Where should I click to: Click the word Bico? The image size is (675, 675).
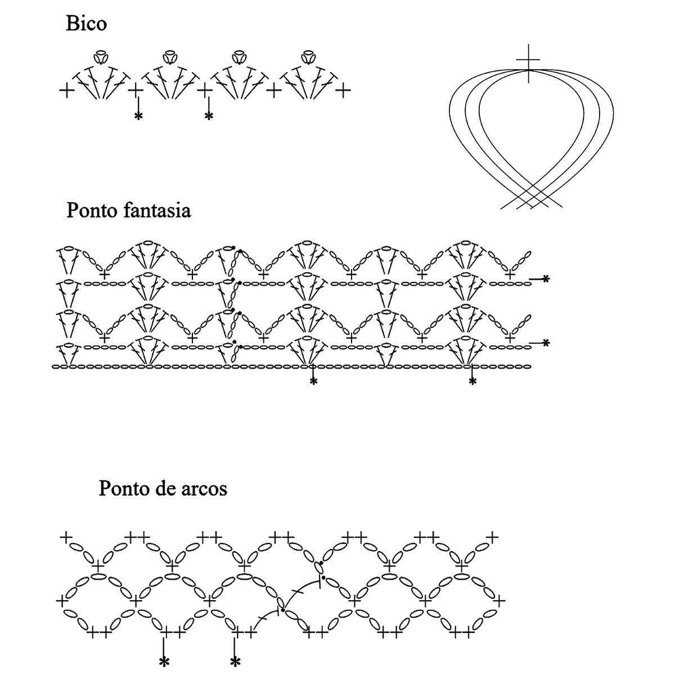coord(86,24)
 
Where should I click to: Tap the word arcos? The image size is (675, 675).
coord(203,488)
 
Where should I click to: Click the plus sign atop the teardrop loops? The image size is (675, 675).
coord(528,59)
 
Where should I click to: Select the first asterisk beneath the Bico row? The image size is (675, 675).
coord(137,116)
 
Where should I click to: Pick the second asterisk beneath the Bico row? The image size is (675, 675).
coord(209,116)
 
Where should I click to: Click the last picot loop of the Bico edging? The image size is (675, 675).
coord(307,56)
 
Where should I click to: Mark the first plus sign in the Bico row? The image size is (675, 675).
coord(66,90)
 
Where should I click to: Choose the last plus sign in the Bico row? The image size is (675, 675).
coord(344,90)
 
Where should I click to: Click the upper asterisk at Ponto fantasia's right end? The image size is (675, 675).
coord(545,279)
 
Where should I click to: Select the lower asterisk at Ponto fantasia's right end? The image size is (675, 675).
coord(545,343)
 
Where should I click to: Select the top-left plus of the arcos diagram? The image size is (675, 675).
coord(66,537)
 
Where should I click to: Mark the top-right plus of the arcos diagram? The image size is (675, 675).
coord(493,537)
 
